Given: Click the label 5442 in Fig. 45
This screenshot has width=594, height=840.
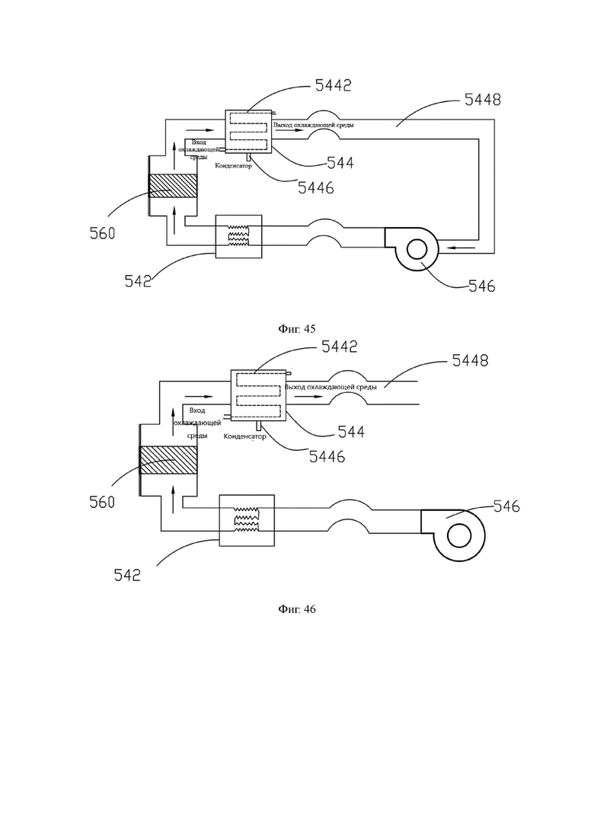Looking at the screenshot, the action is click(333, 86).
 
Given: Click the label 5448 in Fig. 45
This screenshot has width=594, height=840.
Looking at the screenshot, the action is click(483, 100).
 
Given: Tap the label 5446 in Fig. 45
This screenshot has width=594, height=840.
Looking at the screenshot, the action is click(316, 187).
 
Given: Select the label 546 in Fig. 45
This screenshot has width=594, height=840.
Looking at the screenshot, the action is click(482, 286).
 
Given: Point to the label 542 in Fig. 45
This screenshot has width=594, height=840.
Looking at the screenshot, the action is click(138, 281).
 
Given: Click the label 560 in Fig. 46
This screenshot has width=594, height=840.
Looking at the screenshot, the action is click(102, 502).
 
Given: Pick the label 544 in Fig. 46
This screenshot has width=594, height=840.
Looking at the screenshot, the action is click(351, 432).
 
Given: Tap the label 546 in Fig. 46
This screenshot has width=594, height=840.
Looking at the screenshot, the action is click(506, 506).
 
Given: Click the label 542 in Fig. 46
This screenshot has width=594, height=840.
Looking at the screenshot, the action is click(127, 575).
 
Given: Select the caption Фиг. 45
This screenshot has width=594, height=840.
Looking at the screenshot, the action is click(297, 329).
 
